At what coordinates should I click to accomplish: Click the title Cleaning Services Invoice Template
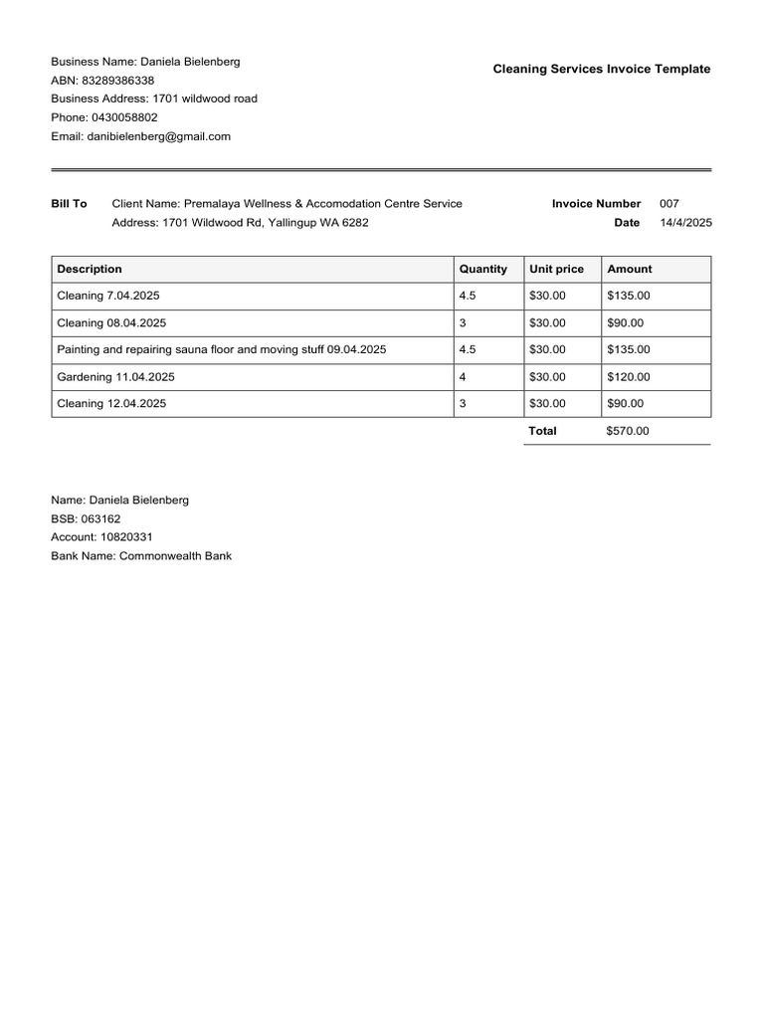click(602, 69)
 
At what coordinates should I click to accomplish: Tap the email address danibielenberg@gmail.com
click(158, 136)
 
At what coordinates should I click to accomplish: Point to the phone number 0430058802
click(124, 117)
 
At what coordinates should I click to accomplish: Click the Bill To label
click(69, 204)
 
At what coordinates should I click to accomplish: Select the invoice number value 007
click(669, 204)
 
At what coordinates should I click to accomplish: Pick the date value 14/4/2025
click(686, 223)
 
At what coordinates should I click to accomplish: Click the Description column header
click(90, 269)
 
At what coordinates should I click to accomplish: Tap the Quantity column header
click(482, 269)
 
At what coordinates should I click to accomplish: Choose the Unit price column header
click(556, 269)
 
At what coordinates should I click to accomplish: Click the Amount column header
click(630, 269)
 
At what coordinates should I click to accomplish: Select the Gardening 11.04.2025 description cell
click(111, 377)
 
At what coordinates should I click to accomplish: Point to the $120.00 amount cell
click(629, 377)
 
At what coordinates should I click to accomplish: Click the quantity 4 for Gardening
click(463, 377)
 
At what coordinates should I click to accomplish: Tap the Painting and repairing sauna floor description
click(222, 349)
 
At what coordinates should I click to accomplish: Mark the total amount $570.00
click(628, 431)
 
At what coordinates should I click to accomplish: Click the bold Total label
click(543, 431)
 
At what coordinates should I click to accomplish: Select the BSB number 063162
click(99, 519)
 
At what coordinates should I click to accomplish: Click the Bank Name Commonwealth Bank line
click(141, 556)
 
